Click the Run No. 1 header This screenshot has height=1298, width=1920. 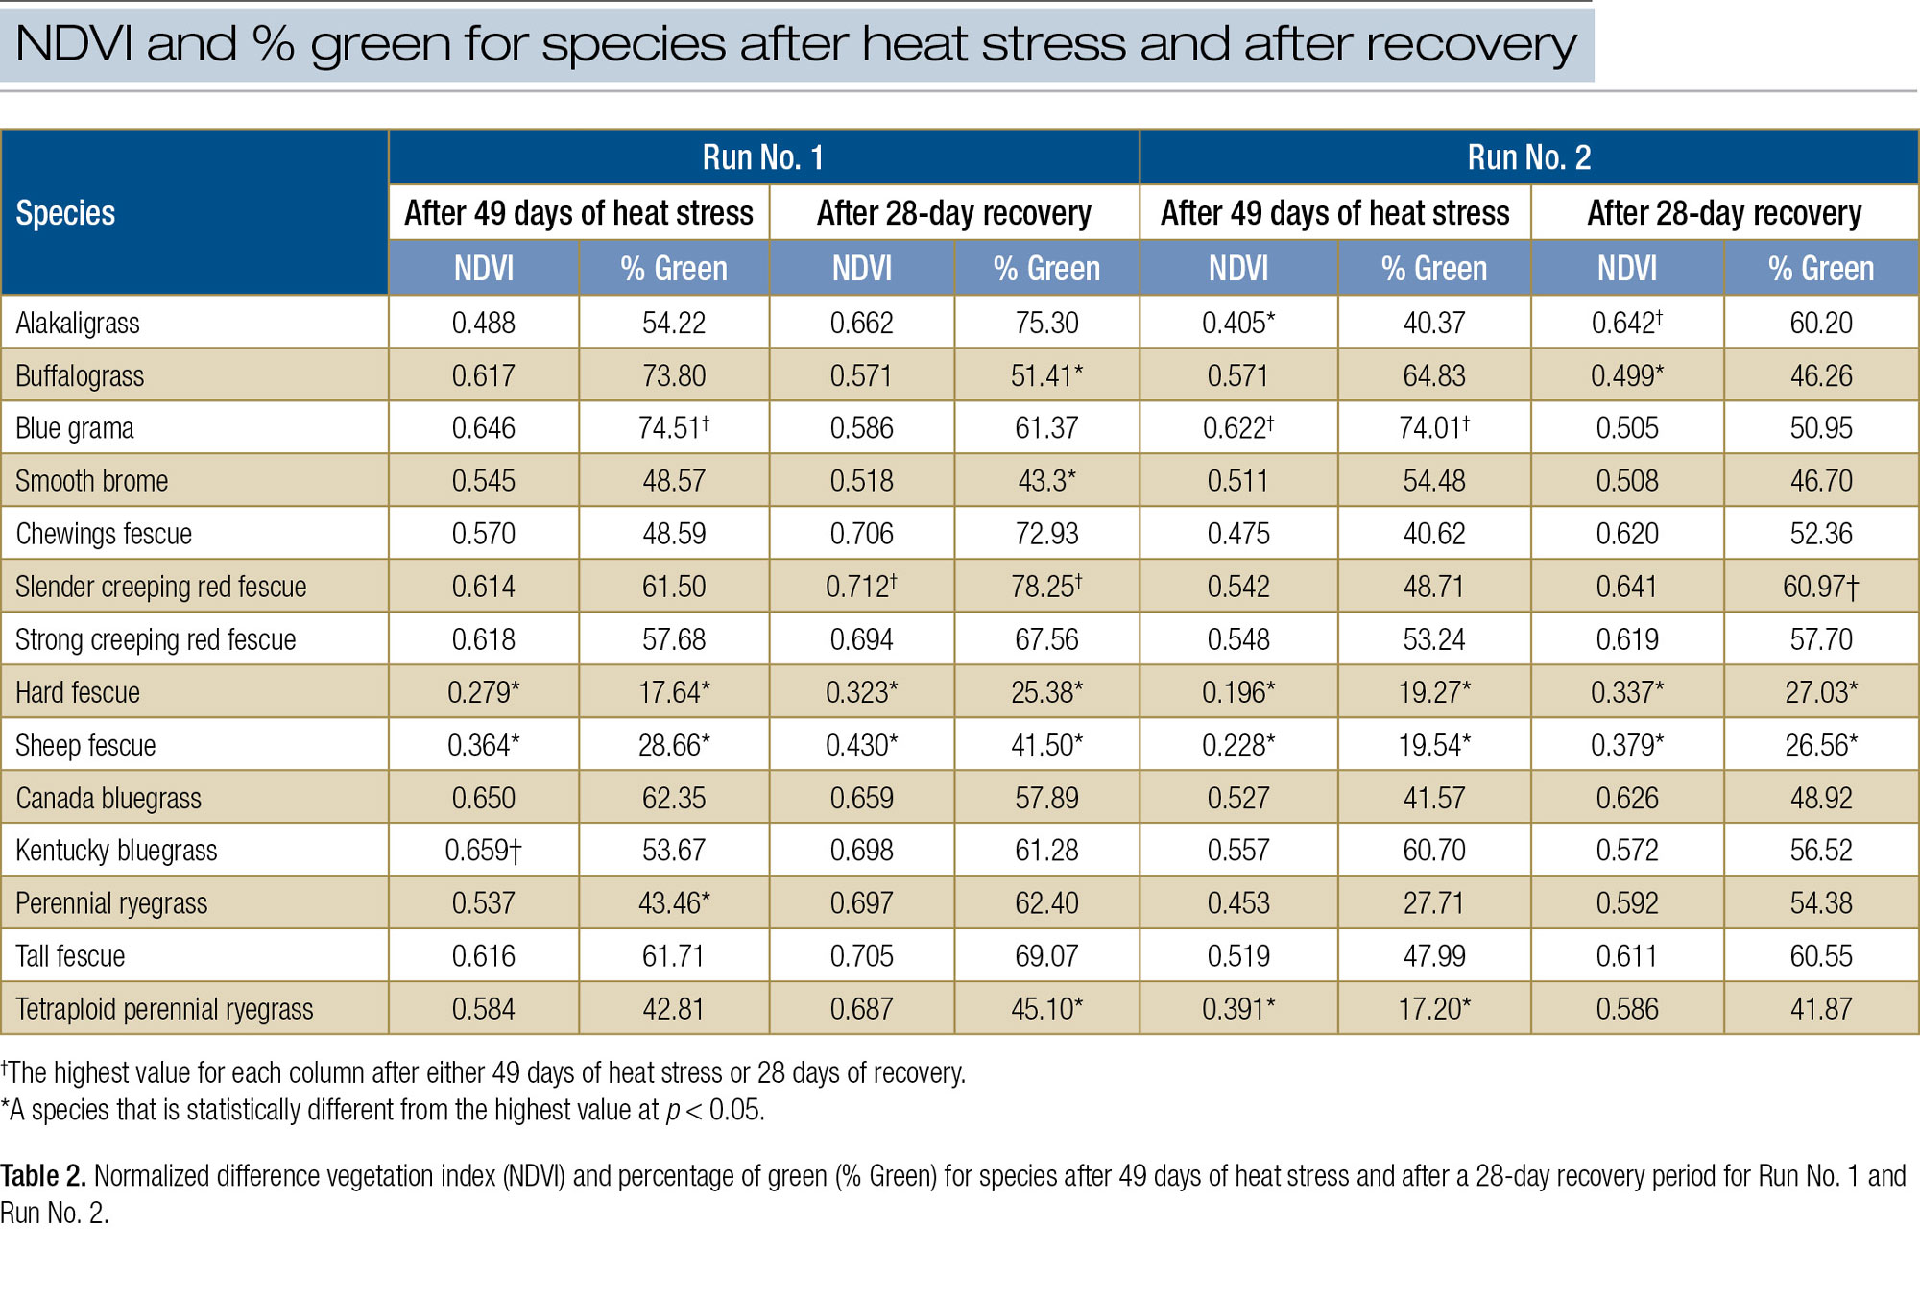pyautogui.click(x=763, y=157)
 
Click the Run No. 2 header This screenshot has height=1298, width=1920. pyautogui.click(x=1528, y=157)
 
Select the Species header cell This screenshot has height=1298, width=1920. pyautogui.click(x=65, y=213)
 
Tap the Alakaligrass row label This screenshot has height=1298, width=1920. pyautogui.click(x=78, y=324)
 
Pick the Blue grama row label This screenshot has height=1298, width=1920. pyautogui.click(x=75, y=428)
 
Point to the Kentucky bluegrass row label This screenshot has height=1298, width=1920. pyautogui.click(x=116, y=851)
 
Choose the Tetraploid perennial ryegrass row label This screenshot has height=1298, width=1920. pyautogui.click(x=164, y=1009)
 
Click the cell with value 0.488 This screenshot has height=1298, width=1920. pyautogui.click(x=483, y=324)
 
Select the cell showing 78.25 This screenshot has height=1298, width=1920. pyautogui.click(x=1046, y=587)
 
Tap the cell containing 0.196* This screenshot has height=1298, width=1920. pyautogui.click(x=1238, y=692)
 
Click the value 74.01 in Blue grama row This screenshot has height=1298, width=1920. pyautogui.click(x=1433, y=428)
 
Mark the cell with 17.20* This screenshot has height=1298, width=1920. pyautogui.click(x=1433, y=1009)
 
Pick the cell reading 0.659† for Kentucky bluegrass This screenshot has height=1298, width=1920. pyautogui.click(x=483, y=851)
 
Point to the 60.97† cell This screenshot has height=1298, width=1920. pyautogui.click(x=1820, y=587)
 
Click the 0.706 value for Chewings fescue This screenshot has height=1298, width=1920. pyautogui.click(x=861, y=534)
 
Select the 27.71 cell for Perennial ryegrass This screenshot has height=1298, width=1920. pyautogui.click(x=1433, y=903)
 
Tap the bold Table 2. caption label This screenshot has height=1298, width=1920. pyautogui.click(x=43, y=1176)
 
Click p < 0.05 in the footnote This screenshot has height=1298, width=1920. pyautogui.click(x=714, y=1111)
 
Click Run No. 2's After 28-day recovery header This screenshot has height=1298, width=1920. pyautogui.click(x=1723, y=213)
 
